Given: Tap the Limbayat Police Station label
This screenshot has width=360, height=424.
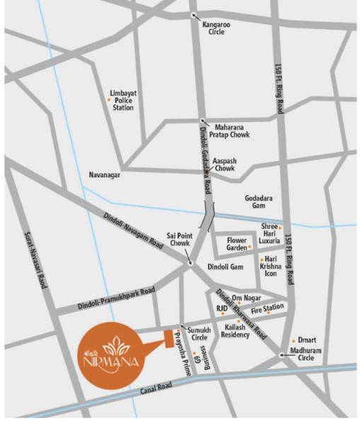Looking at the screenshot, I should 123,100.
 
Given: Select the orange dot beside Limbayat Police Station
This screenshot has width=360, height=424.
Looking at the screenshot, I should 108,100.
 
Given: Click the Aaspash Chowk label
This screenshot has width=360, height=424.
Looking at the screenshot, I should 225,165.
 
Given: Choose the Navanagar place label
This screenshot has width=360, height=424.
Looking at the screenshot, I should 106,174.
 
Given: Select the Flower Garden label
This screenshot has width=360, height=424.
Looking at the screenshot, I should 236,244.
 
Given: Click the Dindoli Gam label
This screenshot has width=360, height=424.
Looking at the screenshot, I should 226,266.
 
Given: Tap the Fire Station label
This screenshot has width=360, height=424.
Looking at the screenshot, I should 267,308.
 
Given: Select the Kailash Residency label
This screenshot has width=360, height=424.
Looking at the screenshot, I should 235,331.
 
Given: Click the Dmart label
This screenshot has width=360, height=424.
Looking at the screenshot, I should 306,339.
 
